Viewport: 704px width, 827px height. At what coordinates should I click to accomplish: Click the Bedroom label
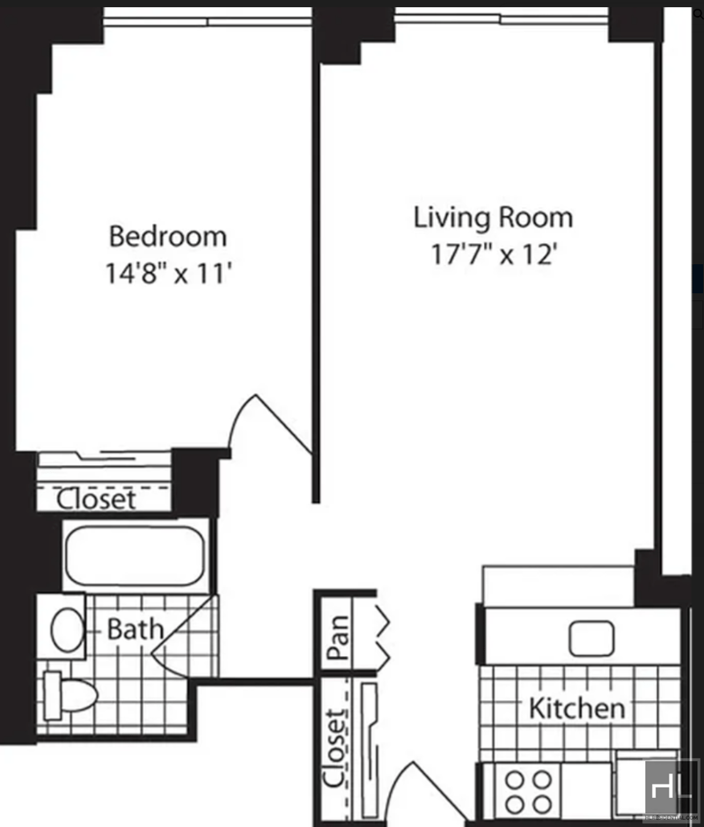click(x=167, y=236)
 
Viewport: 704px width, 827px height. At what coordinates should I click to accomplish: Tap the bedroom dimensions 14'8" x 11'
click(x=169, y=273)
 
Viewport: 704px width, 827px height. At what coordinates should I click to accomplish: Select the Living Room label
click(x=493, y=218)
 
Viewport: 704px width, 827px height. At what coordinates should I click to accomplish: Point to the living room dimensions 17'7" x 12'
click(x=494, y=255)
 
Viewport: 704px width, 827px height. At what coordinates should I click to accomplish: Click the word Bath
click(x=136, y=629)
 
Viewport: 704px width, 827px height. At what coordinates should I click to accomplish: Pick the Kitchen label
click(x=577, y=708)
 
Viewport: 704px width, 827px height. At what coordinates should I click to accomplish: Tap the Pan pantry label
click(x=338, y=637)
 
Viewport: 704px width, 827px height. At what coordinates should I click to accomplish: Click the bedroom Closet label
click(x=96, y=499)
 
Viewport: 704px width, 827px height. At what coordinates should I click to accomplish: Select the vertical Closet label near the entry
click(x=335, y=749)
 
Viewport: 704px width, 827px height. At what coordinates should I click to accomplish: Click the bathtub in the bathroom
click(x=135, y=556)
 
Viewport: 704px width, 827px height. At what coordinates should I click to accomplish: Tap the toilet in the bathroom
click(x=70, y=696)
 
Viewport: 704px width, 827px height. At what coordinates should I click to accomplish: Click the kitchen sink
click(x=591, y=639)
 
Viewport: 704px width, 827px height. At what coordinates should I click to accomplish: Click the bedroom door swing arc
click(x=241, y=417)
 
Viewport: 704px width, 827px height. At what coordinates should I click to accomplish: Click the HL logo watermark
click(x=671, y=789)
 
